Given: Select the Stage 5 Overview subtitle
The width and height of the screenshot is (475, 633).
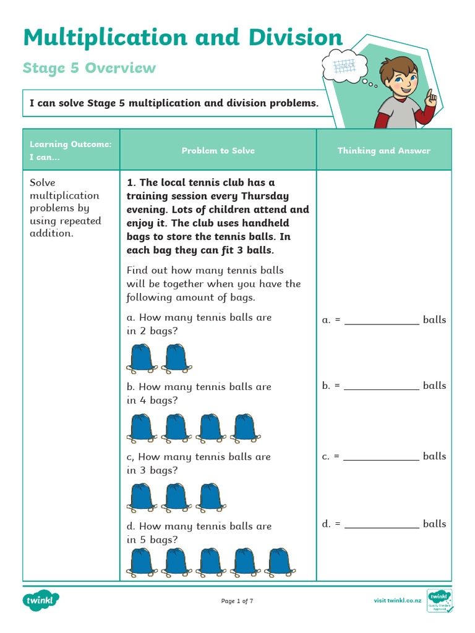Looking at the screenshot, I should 89,68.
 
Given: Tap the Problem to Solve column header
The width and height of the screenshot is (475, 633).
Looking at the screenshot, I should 218,150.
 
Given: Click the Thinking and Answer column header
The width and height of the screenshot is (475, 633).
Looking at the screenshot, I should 383,150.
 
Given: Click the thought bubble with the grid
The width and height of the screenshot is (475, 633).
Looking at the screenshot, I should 344,66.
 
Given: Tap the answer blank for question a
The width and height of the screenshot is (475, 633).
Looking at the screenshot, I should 382,320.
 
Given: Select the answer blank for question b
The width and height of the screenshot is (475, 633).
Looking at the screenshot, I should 382,386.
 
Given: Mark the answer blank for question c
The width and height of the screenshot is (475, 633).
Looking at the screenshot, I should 382,457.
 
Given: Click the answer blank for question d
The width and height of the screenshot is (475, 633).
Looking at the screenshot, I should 382,524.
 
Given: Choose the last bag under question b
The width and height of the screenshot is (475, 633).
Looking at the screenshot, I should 245,428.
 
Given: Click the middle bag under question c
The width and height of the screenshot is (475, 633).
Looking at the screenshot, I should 176,498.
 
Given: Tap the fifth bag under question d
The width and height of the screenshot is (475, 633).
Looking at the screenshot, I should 280,563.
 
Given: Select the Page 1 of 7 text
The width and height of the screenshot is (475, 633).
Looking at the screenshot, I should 237,601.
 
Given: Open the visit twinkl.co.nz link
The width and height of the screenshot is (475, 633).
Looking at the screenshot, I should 397,601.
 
